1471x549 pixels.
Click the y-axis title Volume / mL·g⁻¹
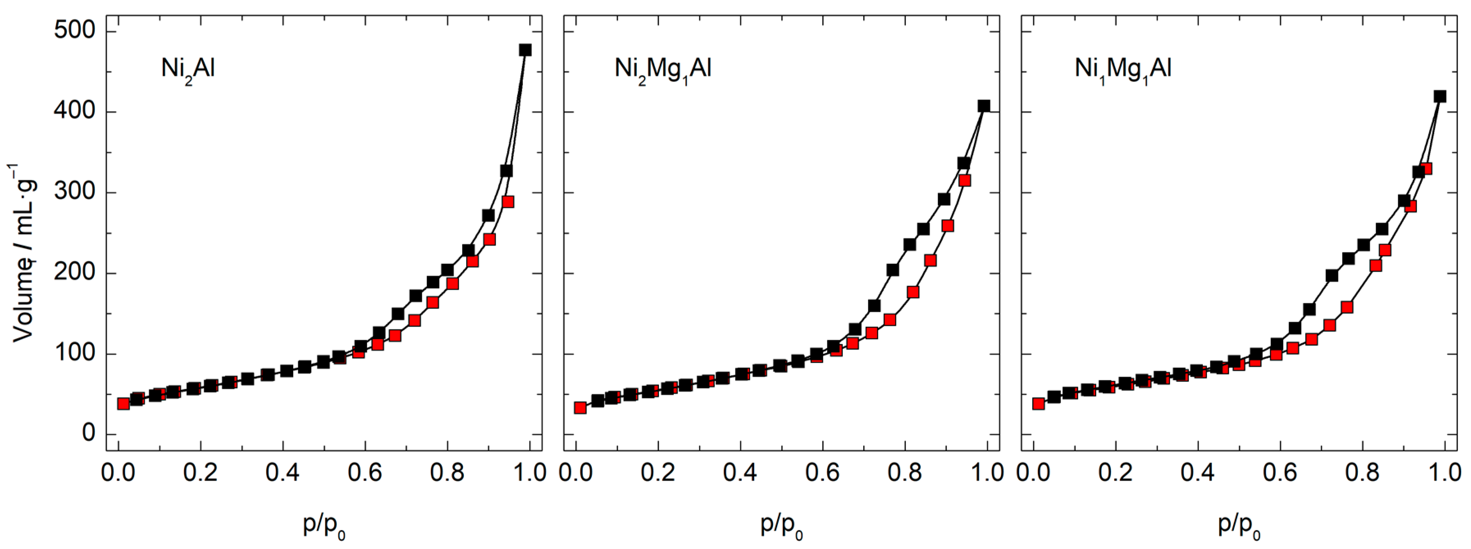coord(24,254)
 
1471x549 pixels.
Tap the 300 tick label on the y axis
coord(74,192)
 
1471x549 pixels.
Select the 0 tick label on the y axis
coord(89,434)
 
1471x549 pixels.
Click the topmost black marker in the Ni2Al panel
coord(525,50)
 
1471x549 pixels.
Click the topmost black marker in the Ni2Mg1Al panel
coord(983,106)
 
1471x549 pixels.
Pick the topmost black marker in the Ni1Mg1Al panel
coord(1439,96)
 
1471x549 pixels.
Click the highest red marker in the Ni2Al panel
coord(508,202)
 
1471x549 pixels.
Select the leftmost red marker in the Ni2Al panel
coord(123,404)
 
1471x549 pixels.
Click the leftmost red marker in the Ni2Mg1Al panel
coord(580,408)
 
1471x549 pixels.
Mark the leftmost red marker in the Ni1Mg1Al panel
coord(1038,404)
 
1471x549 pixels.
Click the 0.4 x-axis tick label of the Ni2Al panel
coord(283,474)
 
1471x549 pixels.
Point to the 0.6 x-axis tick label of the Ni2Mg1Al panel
coord(822,474)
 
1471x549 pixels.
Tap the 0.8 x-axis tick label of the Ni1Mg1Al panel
coord(1362,474)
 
